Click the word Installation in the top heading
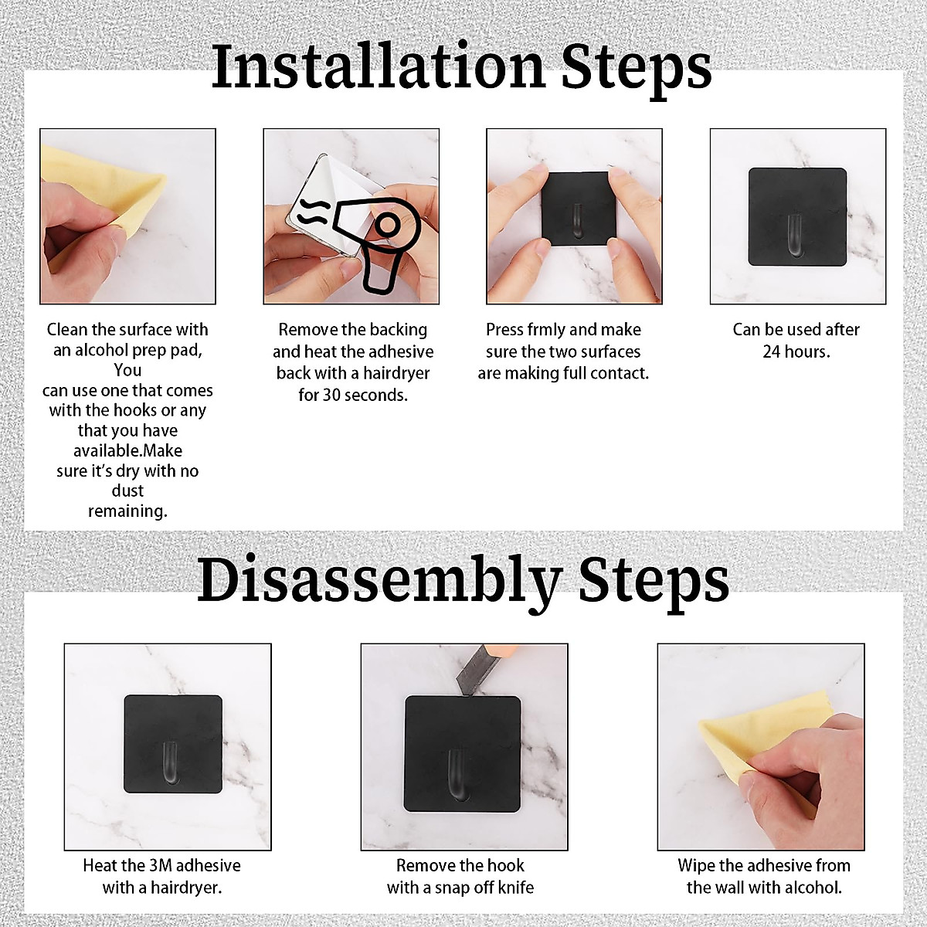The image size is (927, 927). click(378, 66)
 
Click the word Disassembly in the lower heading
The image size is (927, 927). click(379, 579)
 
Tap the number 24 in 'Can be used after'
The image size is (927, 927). click(771, 351)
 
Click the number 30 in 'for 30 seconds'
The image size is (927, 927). click(331, 395)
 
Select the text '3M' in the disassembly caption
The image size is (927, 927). click(162, 865)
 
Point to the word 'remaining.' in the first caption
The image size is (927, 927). click(128, 511)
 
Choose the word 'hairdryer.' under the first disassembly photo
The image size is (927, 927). click(185, 888)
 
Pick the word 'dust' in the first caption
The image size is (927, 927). click(128, 491)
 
